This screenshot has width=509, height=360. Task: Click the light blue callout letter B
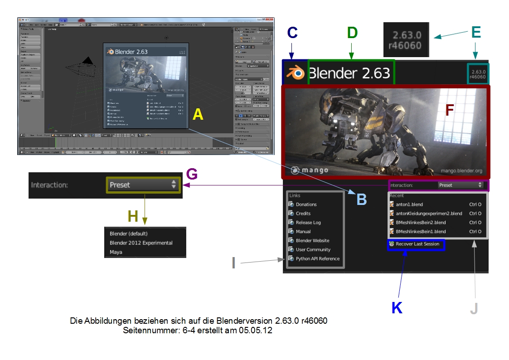point(361,199)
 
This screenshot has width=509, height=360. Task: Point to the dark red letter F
point(449,110)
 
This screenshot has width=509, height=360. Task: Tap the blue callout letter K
point(397,307)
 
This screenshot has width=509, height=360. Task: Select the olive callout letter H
point(133,216)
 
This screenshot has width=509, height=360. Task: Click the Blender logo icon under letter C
point(296,73)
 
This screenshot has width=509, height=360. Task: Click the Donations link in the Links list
point(306,204)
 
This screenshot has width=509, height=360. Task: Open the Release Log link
point(308,223)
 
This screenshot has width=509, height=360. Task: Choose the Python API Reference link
point(317,259)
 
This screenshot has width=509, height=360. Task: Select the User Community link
point(313,250)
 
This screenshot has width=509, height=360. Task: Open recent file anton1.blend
point(409,204)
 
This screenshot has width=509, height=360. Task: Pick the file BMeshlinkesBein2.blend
point(420,223)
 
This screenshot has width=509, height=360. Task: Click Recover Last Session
point(417,244)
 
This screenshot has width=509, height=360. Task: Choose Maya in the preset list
point(116,252)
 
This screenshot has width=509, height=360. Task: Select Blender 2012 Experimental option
point(141,243)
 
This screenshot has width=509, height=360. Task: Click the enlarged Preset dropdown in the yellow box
point(143,185)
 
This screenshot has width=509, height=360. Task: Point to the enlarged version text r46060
point(407,45)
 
